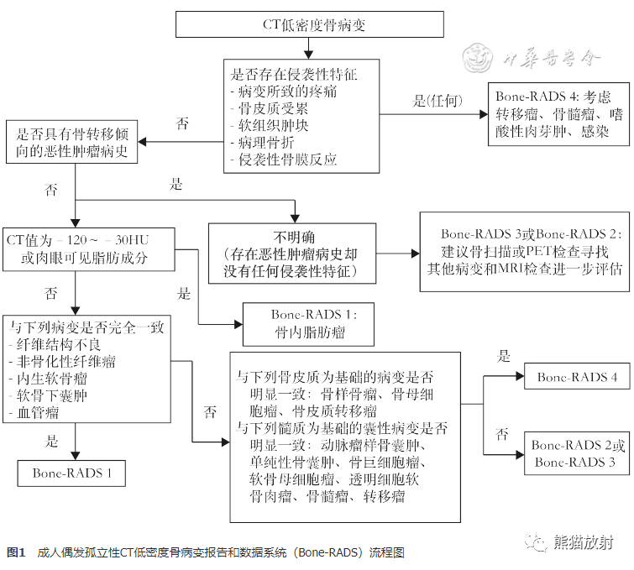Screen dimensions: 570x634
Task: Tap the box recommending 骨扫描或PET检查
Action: point(526,252)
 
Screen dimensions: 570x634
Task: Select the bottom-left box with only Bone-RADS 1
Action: point(72,473)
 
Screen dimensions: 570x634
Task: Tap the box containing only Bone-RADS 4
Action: point(577,378)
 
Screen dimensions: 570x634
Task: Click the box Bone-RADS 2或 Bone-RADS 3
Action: point(577,454)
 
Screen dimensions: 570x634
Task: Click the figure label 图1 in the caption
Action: point(17,552)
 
